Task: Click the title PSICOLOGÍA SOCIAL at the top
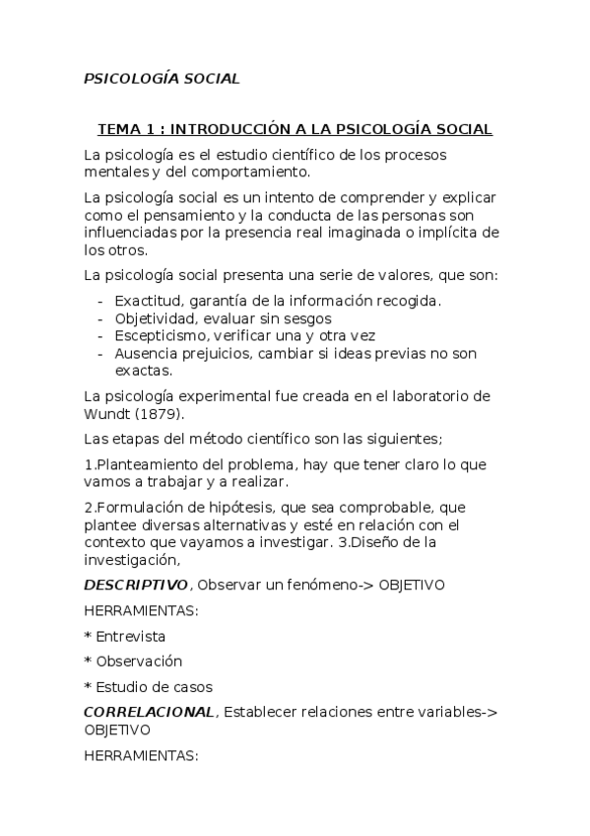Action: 162,79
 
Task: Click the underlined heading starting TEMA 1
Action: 295,130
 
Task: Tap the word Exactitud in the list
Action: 146,301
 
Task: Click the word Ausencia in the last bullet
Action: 143,354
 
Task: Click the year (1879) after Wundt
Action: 157,414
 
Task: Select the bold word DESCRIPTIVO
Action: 133,586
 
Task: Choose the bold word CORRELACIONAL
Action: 148,713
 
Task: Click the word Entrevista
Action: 131,636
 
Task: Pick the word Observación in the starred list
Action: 139,662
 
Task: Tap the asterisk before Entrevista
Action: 88,636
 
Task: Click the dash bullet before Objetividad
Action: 101,318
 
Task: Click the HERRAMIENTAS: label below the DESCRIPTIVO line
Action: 142,611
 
